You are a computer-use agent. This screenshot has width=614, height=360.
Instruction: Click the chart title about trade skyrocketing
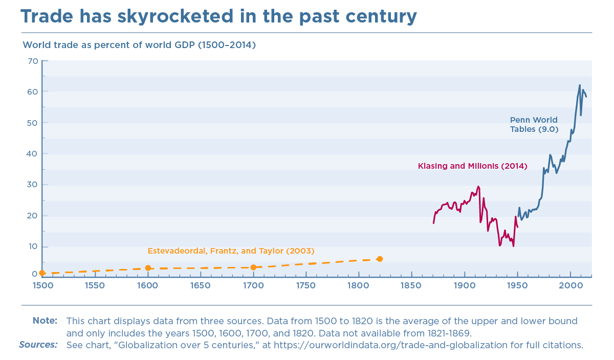pos(218,16)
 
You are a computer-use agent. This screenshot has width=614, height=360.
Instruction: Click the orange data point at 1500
pos(42,273)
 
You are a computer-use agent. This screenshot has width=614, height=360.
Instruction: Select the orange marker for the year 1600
pos(148,268)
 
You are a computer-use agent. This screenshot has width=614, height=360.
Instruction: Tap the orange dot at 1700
pos(253,267)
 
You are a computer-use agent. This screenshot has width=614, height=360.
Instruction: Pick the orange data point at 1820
pos(380,259)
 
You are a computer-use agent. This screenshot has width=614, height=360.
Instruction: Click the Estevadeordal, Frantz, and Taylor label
pos(231,251)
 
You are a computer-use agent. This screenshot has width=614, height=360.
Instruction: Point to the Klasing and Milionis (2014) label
pos(472,166)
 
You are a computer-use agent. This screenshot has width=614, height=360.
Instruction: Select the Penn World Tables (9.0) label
pos(534,125)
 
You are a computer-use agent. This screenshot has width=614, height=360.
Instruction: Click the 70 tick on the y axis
pos(33,61)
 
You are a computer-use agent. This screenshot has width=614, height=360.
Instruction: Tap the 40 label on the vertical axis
pos(33,154)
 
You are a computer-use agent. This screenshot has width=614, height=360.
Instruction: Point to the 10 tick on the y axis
pos(33,246)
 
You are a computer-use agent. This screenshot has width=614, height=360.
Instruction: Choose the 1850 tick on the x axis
pos(411,285)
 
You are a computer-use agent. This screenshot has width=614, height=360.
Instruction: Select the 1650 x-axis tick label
pos(200,285)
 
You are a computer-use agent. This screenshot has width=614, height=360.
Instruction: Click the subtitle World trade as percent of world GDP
pos(139,45)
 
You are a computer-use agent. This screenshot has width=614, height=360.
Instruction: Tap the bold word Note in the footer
pos(45,321)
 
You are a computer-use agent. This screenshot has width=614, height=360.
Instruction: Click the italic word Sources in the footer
pos(38,345)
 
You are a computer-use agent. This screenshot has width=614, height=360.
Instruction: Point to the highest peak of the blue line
pos(580,85)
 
